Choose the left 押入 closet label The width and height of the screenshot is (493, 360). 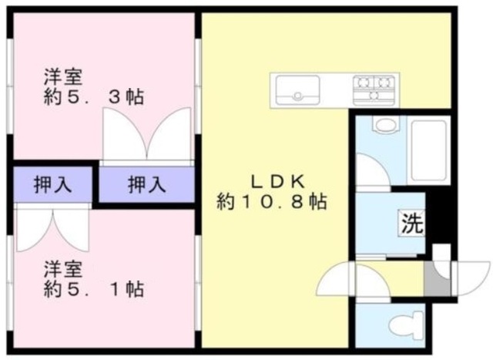pos(53,185)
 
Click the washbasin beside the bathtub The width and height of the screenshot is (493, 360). pos(382,123)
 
